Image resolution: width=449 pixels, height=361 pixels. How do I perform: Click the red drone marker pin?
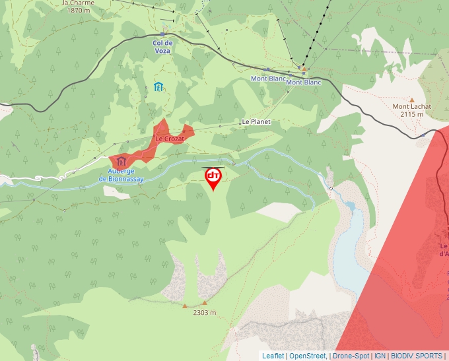coord(213,178)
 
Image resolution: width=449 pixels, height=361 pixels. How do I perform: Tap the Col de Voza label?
coord(162,47)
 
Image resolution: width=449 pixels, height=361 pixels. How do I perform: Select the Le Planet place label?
coord(256,122)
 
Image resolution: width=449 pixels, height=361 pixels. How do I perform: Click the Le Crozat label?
coord(169,139)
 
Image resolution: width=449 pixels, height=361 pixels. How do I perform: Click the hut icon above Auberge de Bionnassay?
coord(121,161)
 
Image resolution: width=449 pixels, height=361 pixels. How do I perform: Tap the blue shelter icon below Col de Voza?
coord(158,86)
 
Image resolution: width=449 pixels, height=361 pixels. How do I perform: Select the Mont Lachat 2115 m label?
coord(412,110)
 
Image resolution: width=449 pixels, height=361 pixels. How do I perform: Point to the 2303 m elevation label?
coord(205,313)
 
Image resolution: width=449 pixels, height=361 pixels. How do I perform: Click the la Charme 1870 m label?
coord(79,7)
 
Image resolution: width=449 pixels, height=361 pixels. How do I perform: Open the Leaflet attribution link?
coord(273,356)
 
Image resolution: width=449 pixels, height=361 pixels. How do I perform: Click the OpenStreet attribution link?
coord(308,356)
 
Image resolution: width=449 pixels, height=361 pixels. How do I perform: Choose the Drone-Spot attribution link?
coord(351,356)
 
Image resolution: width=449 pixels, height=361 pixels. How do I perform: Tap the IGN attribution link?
coord(380,356)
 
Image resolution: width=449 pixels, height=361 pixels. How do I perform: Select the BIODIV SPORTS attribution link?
coord(417,356)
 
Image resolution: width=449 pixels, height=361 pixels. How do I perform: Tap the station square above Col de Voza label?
coord(162,34)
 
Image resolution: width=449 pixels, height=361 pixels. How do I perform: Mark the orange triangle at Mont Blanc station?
coord(304,68)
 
